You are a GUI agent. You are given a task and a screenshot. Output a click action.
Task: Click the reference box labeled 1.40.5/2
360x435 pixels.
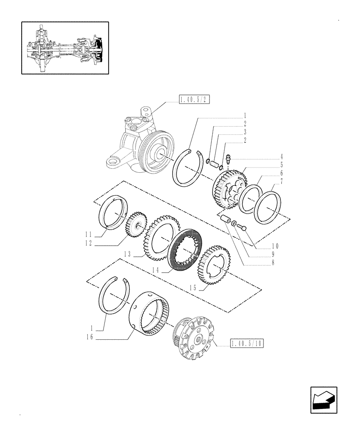point(194,100)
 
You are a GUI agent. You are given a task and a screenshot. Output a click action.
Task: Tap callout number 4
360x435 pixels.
point(282,156)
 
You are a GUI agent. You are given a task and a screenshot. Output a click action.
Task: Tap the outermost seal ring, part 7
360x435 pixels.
point(267,208)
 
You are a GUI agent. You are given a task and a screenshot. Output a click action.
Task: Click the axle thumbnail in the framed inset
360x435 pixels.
point(65,48)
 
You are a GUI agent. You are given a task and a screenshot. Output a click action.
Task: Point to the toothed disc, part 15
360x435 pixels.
point(213,265)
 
